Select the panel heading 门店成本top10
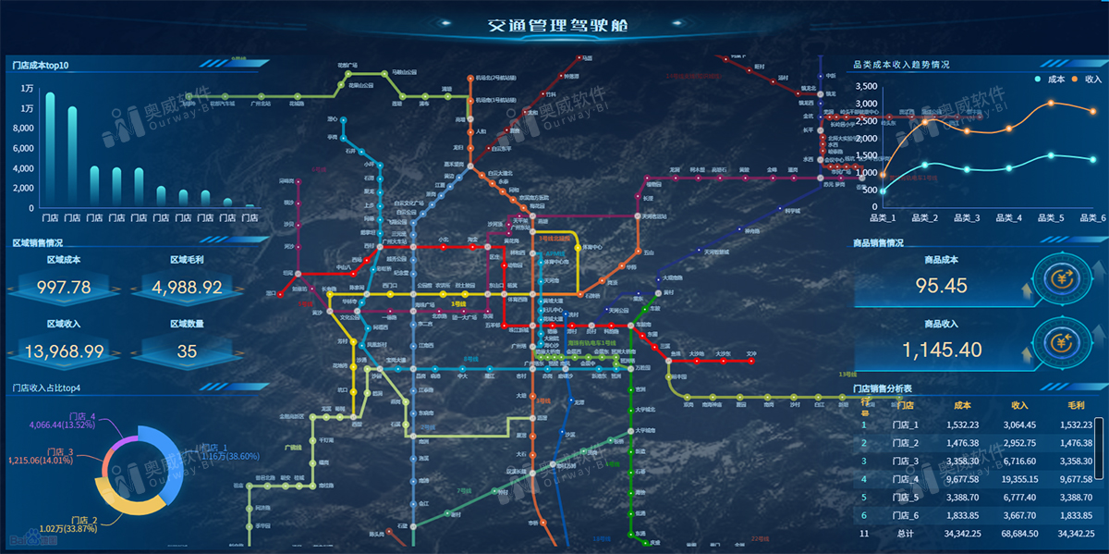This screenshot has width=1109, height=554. (x=42, y=65)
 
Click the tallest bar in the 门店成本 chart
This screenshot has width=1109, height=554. (x=50, y=148)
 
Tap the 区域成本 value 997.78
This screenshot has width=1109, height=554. (x=64, y=288)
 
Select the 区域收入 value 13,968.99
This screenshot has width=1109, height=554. (x=64, y=351)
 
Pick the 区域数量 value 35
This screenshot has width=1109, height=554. (x=188, y=351)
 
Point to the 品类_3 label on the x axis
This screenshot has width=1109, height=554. (x=965, y=218)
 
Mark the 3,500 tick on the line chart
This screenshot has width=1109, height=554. (x=865, y=86)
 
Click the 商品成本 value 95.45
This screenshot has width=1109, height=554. (x=941, y=286)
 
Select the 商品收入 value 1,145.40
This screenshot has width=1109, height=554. (x=942, y=350)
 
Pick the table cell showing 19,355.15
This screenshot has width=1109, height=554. (x=1019, y=479)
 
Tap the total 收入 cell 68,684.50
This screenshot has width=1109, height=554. (x=1019, y=534)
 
